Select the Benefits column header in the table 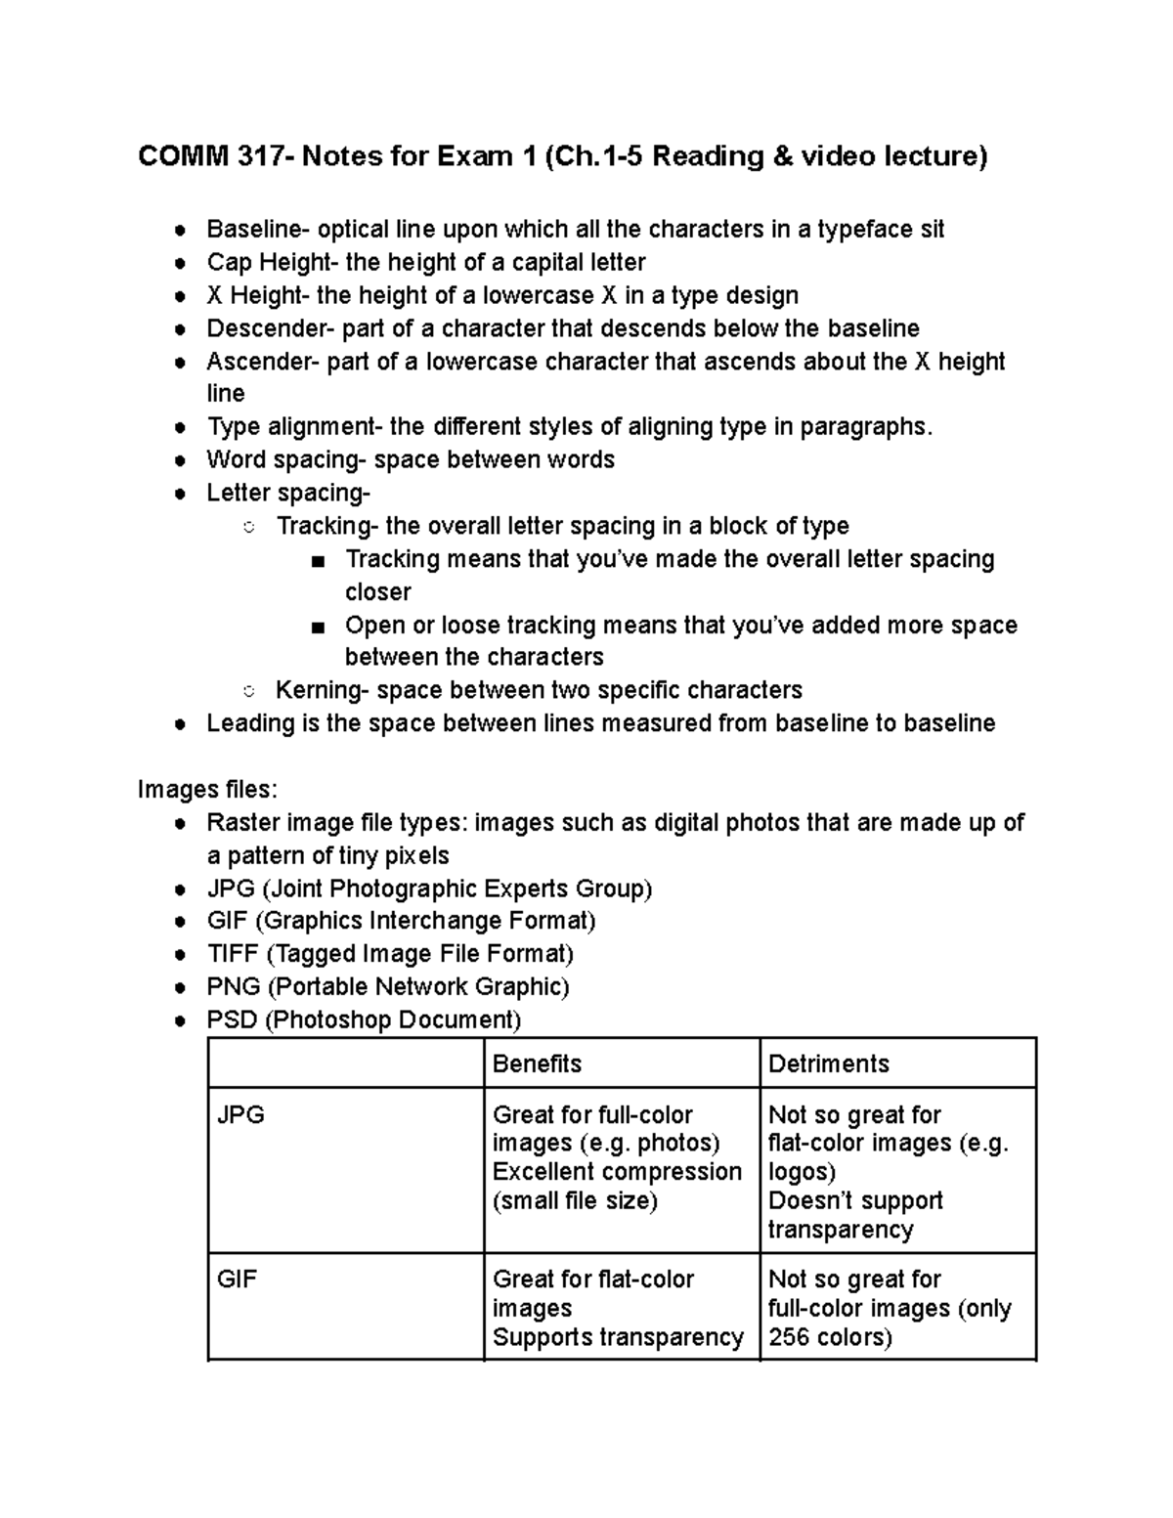point(537,1063)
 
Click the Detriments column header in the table point(829,1063)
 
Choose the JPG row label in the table point(240,1115)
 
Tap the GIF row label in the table point(237,1279)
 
